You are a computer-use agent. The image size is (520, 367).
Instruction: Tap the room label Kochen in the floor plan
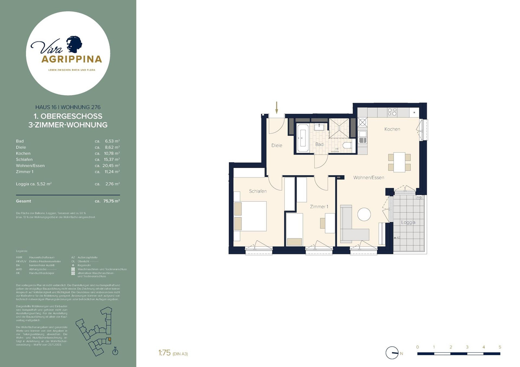tap(392, 129)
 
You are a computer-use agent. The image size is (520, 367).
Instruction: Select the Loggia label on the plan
tap(408, 222)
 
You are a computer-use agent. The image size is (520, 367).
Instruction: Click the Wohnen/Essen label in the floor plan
tap(368, 177)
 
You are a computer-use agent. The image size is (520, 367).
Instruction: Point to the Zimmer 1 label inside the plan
tap(319, 207)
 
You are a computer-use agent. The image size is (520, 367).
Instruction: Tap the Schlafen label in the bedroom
tap(257, 191)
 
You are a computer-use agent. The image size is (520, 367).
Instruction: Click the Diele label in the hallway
tap(277, 145)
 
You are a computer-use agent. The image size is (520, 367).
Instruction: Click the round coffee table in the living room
tap(364, 215)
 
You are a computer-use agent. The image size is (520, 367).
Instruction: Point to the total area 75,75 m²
tap(110, 201)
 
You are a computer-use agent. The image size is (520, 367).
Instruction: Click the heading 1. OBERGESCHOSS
tap(68, 116)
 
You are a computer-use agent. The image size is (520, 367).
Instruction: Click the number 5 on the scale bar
tap(500, 347)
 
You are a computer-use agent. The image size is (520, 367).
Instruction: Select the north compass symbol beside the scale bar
tap(392, 354)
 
